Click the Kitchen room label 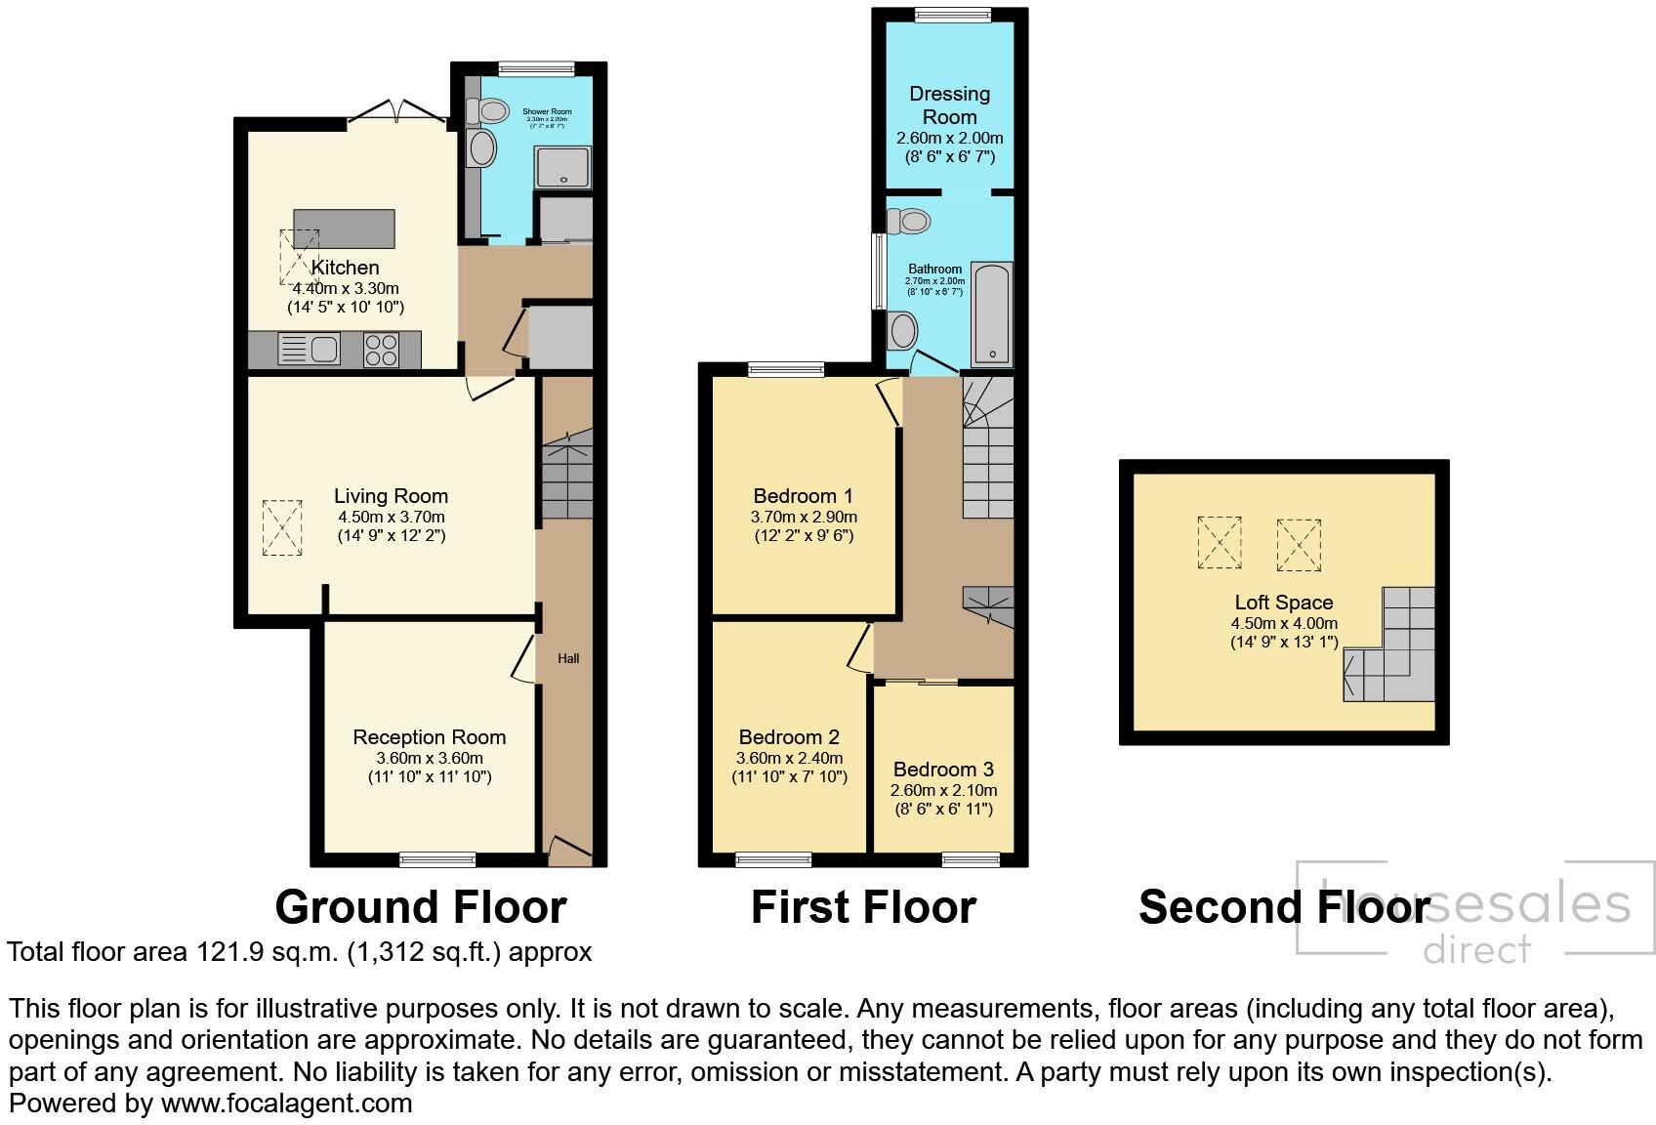click(x=345, y=268)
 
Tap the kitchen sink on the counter click(x=309, y=349)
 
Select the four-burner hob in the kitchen click(x=381, y=350)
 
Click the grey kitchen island click(x=345, y=229)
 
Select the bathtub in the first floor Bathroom click(x=992, y=313)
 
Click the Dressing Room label click(x=949, y=104)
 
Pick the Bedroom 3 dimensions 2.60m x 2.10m click(x=943, y=790)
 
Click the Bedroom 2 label click(x=789, y=737)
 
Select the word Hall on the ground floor click(x=568, y=658)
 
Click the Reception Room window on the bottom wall click(x=437, y=859)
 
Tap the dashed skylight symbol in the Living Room click(x=282, y=528)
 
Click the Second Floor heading click(x=1283, y=907)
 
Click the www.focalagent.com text click(x=286, y=1104)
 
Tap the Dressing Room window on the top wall click(x=952, y=14)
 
